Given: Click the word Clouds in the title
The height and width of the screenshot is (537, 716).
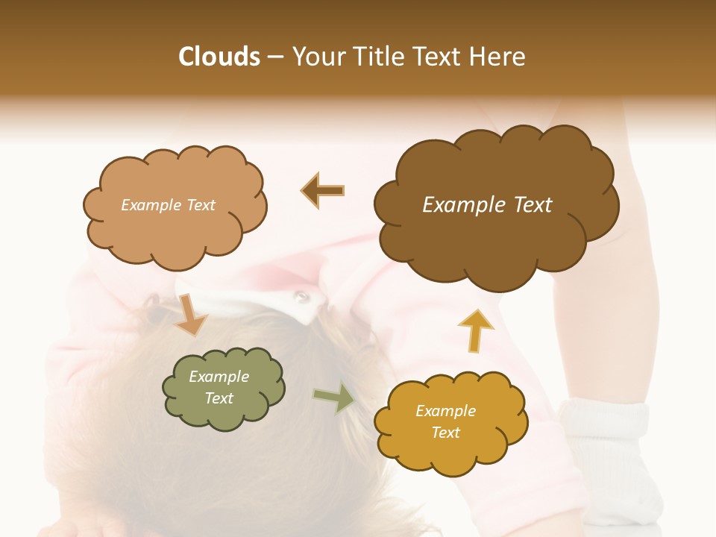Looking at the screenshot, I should pos(219,57).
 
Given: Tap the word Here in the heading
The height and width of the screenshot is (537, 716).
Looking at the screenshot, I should pos(496,57).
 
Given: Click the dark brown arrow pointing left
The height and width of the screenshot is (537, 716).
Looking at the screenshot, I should pos(322,190).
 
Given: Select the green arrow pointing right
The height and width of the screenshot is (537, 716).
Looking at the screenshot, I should pos(333,397).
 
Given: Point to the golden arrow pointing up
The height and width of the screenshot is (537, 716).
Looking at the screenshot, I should pos(475,330).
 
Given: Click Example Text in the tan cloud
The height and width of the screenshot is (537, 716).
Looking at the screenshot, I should pos(168,205).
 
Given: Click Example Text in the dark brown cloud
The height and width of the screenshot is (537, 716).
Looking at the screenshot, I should pos(487,205).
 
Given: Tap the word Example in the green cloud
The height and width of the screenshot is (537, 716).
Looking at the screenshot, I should pos(219,377).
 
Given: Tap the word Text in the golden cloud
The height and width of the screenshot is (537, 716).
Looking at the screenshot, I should pos(445,433).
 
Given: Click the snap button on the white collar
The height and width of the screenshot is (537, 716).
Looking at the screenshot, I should pos(301,298).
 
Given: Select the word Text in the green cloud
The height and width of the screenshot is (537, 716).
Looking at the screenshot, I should pos(219,398).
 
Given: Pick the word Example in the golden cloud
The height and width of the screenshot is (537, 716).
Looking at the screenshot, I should pos(445,411).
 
